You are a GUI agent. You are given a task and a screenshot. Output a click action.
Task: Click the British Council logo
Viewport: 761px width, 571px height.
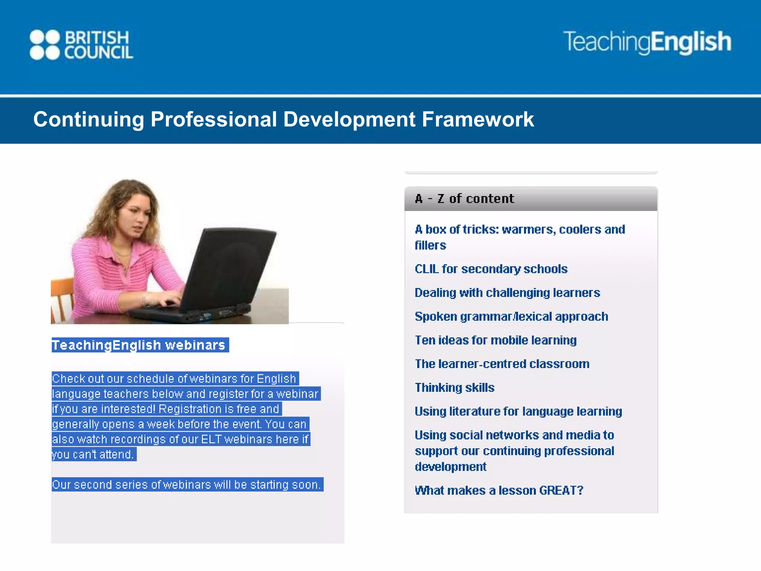81,45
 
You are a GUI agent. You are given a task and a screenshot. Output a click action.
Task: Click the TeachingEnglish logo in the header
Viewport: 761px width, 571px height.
647,42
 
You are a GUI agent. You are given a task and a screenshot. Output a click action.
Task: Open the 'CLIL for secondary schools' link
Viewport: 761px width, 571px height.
491,269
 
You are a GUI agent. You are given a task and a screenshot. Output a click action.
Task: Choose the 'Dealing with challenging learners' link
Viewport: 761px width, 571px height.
507,293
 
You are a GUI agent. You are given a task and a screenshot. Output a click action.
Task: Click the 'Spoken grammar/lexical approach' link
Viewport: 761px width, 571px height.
511,316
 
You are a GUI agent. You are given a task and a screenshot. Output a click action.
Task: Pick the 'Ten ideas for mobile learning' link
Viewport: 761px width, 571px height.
495,340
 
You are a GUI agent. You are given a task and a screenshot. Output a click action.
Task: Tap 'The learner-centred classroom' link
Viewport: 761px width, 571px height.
502,364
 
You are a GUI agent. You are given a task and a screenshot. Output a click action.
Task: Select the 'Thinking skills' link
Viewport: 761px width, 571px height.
454,387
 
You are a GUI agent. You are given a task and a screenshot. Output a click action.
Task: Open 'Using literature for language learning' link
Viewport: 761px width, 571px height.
518,411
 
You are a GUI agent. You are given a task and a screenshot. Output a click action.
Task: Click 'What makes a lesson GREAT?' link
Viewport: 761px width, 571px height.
499,490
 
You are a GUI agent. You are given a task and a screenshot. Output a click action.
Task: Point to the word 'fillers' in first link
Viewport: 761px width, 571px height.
430,245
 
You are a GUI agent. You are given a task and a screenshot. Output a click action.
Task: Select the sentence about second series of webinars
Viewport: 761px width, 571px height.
187,485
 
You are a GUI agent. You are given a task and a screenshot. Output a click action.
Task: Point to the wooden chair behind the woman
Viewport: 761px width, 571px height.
61,297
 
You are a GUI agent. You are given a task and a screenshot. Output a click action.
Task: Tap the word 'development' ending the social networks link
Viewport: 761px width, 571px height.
450,467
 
